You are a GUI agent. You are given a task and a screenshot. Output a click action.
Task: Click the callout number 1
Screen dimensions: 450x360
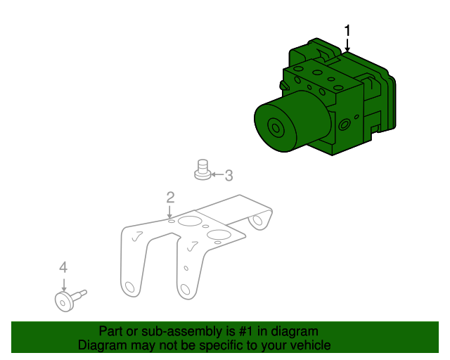click(x=347, y=30)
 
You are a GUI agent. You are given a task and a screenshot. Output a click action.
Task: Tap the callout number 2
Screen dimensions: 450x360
click(x=170, y=198)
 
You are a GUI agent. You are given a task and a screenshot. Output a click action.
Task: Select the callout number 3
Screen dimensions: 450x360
click(x=229, y=175)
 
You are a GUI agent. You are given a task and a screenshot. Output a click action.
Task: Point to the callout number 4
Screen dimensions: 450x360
click(x=63, y=267)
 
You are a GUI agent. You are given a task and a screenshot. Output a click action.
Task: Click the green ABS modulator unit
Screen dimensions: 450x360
click(x=325, y=97)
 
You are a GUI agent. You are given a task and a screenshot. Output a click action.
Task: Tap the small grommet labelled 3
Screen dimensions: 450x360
click(x=202, y=169)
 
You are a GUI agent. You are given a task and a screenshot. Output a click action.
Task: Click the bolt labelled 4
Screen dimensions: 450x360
click(x=70, y=300)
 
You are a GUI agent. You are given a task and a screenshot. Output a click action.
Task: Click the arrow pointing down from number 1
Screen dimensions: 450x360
click(x=347, y=45)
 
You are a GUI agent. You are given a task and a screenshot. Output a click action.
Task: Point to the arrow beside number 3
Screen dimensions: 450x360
click(x=217, y=174)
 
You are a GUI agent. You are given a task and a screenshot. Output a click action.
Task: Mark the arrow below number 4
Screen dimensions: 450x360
click(x=64, y=285)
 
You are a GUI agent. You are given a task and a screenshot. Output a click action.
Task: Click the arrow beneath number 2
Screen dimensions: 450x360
click(x=170, y=212)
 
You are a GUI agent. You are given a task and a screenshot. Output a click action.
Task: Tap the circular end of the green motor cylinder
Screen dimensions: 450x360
click(x=276, y=128)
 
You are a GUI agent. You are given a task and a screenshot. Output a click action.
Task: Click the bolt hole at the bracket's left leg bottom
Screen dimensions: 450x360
click(x=130, y=287)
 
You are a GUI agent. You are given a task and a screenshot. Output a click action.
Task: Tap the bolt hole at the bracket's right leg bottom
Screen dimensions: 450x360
click(x=185, y=290)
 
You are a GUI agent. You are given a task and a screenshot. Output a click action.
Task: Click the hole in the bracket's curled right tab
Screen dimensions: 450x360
click(x=257, y=220)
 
